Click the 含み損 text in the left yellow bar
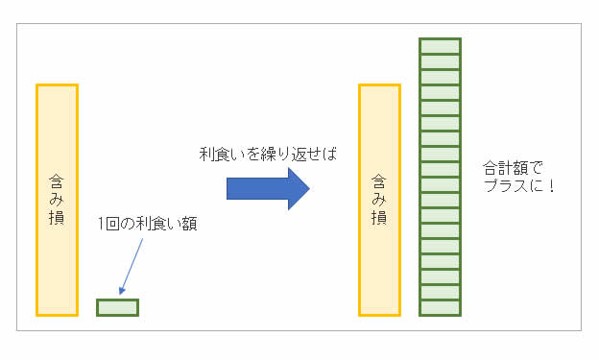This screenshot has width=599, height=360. click(x=57, y=200)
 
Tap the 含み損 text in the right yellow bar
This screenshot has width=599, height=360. click(x=379, y=200)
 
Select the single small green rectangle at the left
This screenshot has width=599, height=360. click(x=117, y=307)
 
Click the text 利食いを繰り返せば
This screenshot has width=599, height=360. click(x=268, y=154)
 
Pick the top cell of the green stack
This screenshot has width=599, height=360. click(x=441, y=45)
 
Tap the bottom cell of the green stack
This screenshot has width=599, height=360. click(x=441, y=308)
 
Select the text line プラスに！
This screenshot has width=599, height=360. click(x=519, y=184)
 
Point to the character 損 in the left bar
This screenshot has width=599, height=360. click(x=57, y=218)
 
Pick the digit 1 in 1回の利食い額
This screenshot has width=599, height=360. click(x=102, y=225)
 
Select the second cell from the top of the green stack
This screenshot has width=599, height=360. click(x=441, y=60)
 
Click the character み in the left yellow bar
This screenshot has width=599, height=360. click(x=57, y=200)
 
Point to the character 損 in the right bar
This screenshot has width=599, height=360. click(x=379, y=218)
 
